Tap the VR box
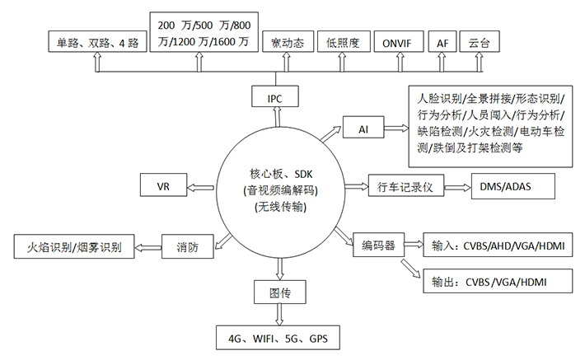(x=164, y=186)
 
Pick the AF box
(x=442, y=43)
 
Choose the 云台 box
(x=478, y=43)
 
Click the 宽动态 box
(x=287, y=43)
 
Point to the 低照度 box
(x=343, y=43)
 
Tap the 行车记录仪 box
(x=400, y=187)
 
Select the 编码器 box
(x=378, y=245)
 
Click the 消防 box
(x=187, y=245)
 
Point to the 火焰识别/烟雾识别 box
(x=75, y=245)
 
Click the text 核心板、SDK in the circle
(x=280, y=175)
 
